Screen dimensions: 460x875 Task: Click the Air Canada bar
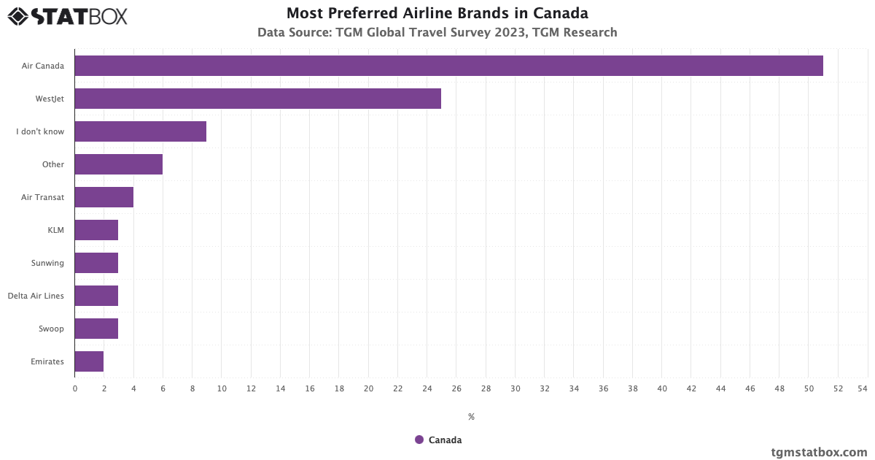pyautogui.click(x=448, y=66)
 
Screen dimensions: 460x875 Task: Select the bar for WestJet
pyautogui.click(x=257, y=99)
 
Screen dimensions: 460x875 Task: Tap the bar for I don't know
pyautogui.click(x=140, y=131)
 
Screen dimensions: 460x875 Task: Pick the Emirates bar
pyautogui.click(x=89, y=361)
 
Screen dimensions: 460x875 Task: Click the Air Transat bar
pyautogui.click(x=104, y=197)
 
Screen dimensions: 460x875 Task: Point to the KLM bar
pyautogui.click(x=96, y=230)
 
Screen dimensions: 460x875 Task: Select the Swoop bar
pyautogui.click(x=96, y=329)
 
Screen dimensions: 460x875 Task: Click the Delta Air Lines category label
pyautogui.click(x=36, y=296)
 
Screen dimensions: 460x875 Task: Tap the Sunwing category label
pyautogui.click(x=47, y=263)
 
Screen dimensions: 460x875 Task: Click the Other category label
pyautogui.click(x=53, y=164)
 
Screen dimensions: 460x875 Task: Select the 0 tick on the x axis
pyautogui.click(x=75, y=388)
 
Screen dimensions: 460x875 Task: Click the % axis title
pyautogui.click(x=471, y=417)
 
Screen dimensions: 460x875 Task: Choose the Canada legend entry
pyautogui.click(x=438, y=440)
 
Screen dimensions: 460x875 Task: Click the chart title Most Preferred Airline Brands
pyautogui.click(x=437, y=13)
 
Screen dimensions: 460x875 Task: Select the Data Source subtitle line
pyautogui.click(x=437, y=32)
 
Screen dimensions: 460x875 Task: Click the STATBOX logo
pyautogui.click(x=68, y=16)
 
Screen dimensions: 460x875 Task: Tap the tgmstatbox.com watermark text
pyautogui.click(x=819, y=452)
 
